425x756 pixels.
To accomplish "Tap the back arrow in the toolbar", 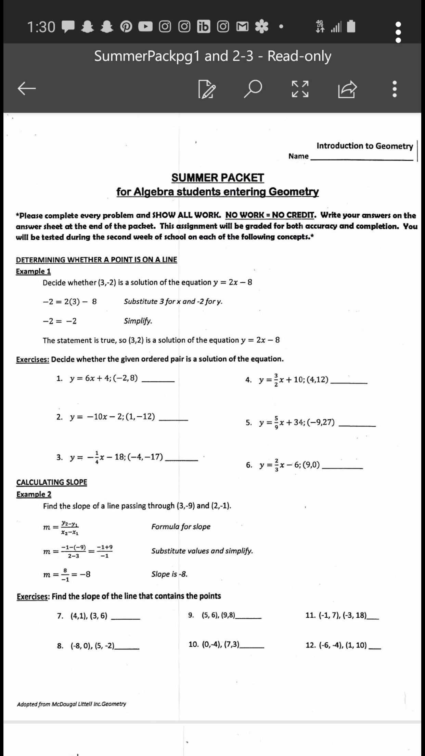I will (x=27, y=89).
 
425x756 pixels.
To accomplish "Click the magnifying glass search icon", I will (x=253, y=89).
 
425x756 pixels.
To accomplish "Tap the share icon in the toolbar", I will (x=347, y=89).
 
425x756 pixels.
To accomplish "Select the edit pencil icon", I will (x=207, y=89).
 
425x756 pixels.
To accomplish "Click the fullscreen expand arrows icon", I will (x=300, y=89).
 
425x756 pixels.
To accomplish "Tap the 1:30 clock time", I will (x=41, y=27).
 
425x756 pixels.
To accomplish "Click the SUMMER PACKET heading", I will (x=218, y=178).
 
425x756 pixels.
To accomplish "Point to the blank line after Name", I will (x=361, y=158).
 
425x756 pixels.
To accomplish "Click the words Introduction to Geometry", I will (x=364, y=146).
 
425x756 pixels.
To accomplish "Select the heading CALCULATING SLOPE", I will (x=52, y=482).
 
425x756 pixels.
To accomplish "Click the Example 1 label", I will (x=33, y=271).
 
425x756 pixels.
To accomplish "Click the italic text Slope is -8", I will (x=169, y=574).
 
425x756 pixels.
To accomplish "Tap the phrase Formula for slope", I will (x=181, y=527).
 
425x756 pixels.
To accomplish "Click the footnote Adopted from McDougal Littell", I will (x=72, y=704).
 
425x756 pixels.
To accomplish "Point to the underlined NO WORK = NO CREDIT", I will (x=270, y=215).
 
